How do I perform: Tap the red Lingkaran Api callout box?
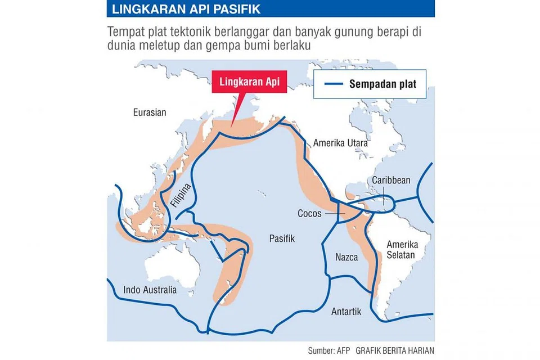point(249,83)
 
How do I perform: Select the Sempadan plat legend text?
point(382,84)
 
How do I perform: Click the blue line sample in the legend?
point(332,84)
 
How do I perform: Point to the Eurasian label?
point(150,112)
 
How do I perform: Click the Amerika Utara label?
point(341,143)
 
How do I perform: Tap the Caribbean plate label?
point(391,181)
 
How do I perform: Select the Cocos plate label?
point(309,214)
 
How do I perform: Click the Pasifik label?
point(282,238)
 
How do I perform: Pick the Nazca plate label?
point(346,257)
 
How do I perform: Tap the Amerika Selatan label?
point(400,250)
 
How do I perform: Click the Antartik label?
point(346,312)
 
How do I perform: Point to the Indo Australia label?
point(150,290)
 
